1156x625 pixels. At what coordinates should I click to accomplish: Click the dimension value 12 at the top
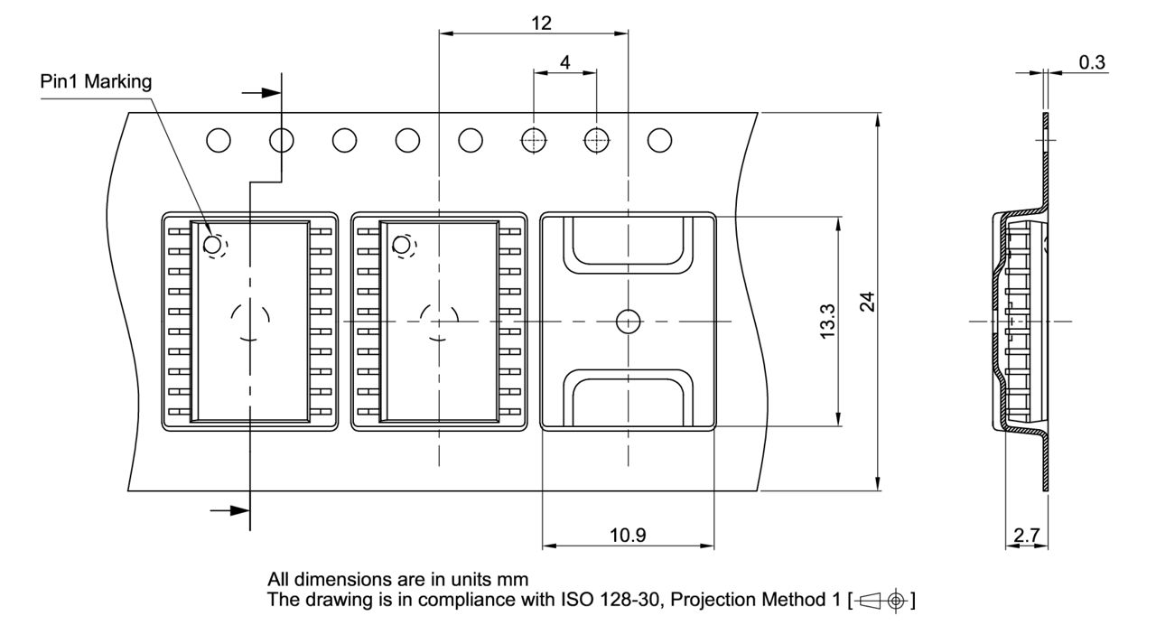point(541,23)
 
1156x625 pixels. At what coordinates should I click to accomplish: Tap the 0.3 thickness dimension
point(1093,61)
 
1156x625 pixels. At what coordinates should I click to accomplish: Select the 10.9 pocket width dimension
point(627,535)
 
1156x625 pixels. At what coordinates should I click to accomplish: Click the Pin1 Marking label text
point(97,81)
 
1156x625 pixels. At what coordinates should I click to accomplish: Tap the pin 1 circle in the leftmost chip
point(213,244)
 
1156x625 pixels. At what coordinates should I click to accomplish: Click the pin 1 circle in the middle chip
point(401,244)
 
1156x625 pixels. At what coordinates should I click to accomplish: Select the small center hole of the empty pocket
point(627,321)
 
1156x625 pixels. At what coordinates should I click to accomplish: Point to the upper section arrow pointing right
point(261,92)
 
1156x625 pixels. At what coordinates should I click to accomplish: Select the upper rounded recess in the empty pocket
point(627,244)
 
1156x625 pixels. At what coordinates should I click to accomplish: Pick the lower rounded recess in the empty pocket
point(627,396)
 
